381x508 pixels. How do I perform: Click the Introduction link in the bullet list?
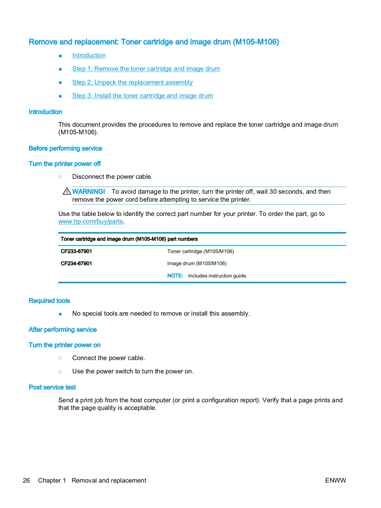click(89, 56)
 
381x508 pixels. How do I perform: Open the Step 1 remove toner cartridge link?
click(146, 69)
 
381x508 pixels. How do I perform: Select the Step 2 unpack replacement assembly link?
click(132, 83)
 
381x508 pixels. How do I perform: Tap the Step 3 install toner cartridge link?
click(142, 96)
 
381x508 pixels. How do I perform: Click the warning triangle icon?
click(67, 191)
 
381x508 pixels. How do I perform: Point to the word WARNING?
click(88, 192)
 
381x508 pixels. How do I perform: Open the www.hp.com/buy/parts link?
click(91, 222)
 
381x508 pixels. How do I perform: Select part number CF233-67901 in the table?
click(76, 251)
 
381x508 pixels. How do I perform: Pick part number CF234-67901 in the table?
click(76, 264)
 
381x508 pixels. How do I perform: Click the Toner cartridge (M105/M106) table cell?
click(201, 251)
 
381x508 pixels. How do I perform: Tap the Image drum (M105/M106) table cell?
click(197, 264)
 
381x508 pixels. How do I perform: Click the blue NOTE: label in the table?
click(175, 276)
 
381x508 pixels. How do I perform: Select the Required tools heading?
click(49, 301)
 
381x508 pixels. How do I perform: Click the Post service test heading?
click(52, 387)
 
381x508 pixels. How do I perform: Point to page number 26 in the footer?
click(26, 481)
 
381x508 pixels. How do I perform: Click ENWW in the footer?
click(335, 481)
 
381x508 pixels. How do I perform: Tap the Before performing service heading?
click(65, 149)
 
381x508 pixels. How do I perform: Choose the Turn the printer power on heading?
click(65, 345)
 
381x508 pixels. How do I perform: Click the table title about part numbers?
click(129, 239)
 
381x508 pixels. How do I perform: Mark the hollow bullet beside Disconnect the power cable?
click(60, 177)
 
